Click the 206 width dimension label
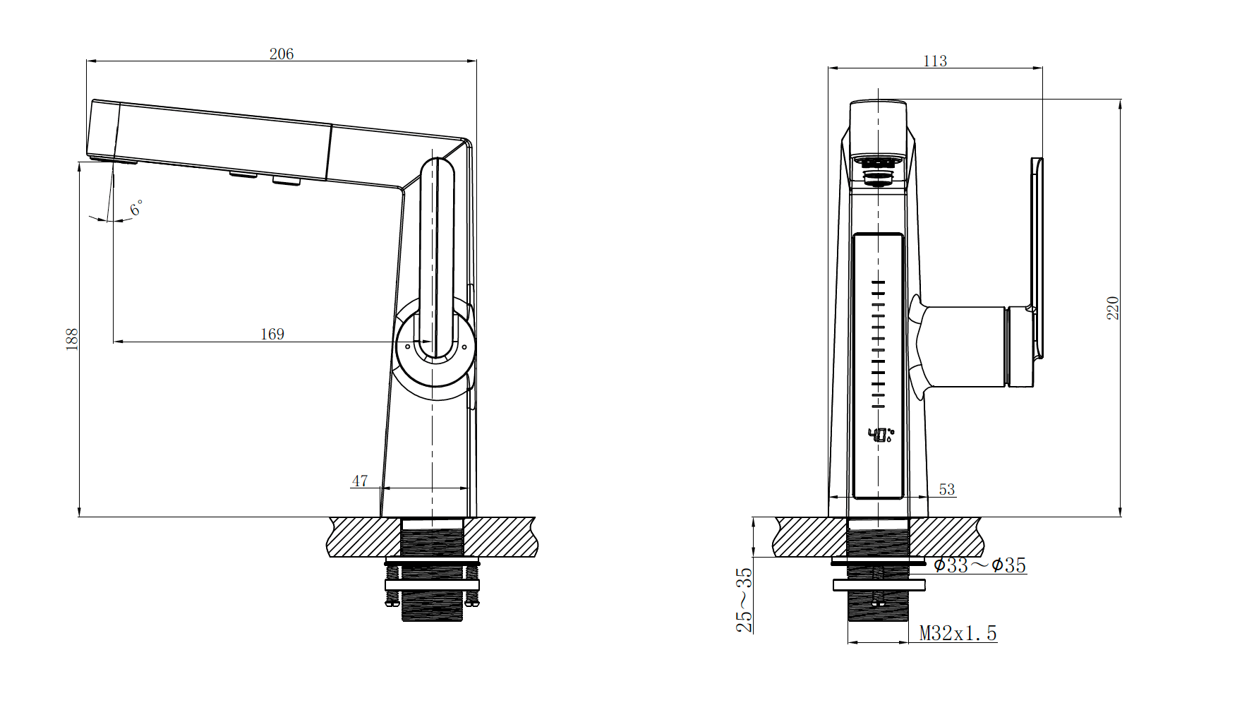tap(281, 54)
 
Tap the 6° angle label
tap(136, 208)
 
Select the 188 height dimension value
tap(72, 339)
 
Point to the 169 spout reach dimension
tap(272, 334)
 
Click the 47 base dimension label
tap(360, 481)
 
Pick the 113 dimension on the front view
tap(935, 61)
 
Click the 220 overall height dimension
tap(1113, 308)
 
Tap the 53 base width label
tap(947, 489)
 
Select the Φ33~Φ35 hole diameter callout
tap(979, 565)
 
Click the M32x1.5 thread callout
tap(958, 633)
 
